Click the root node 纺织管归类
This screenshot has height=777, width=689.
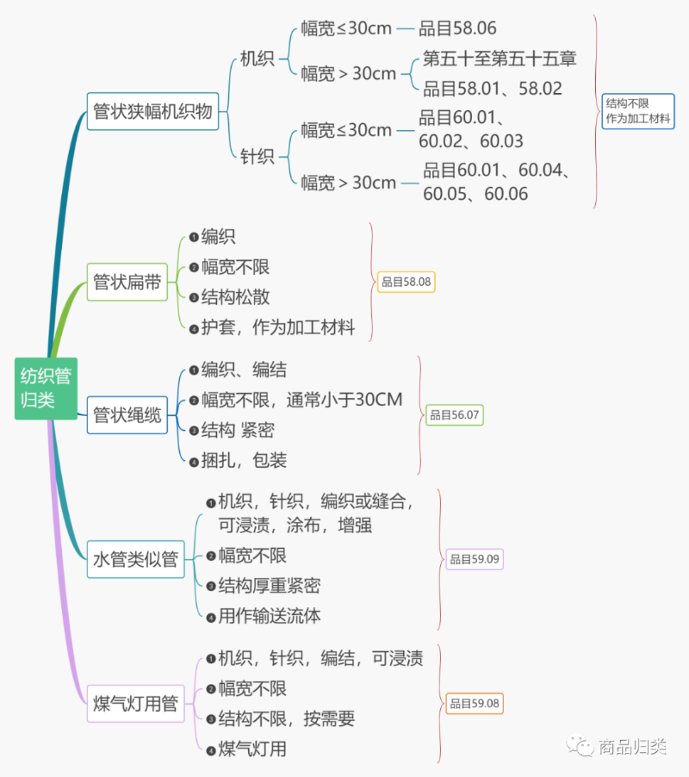tap(46, 388)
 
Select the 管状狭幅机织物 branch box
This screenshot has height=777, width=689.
tap(152, 112)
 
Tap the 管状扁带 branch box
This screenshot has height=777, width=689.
tap(127, 283)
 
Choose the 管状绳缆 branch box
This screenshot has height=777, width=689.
tap(127, 415)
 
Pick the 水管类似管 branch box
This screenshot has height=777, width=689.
tap(135, 559)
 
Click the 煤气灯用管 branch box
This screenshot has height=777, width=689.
tap(135, 704)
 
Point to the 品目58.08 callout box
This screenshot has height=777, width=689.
tap(407, 282)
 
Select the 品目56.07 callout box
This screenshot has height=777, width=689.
tap(455, 415)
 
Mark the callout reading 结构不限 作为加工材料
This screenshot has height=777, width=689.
tap(637, 111)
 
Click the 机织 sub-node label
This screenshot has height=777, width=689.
tap(257, 59)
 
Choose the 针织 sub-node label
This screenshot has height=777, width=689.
tap(257, 156)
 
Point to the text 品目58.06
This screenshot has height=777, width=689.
tap(457, 28)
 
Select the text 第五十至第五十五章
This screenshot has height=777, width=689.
tap(500, 59)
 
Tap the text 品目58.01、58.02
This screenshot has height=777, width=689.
tap(493, 88)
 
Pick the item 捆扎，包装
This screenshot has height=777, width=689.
tap(244, 460)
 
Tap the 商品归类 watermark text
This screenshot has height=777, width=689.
tap(633, 747)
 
